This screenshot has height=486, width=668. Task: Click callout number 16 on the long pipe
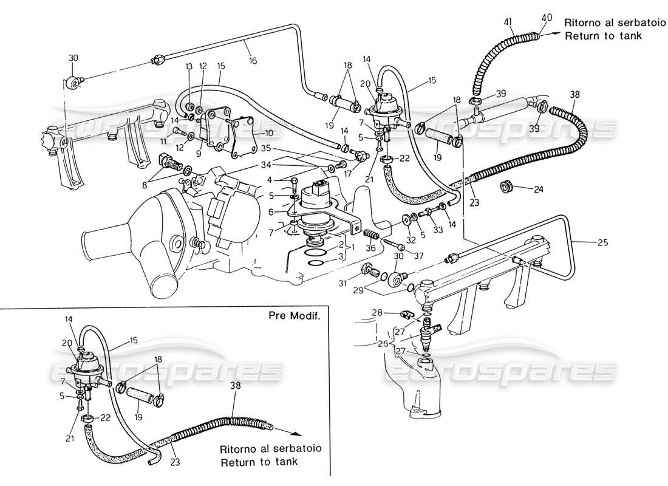(x=253, y=60)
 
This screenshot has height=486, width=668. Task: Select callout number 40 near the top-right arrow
(x=546, y=18)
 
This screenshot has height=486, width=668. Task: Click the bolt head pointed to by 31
(x=367, y=270)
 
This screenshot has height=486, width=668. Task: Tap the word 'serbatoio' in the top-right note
(x=615, y=22)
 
